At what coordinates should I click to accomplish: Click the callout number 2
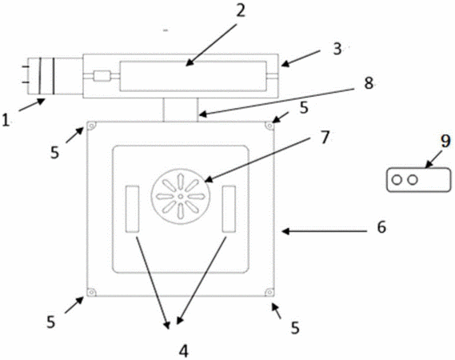point(240,11)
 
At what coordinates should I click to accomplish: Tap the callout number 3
point(337,49)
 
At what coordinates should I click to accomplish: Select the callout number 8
point(369,84)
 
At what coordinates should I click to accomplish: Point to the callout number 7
point(325,137)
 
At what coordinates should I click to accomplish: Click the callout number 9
point(445,142)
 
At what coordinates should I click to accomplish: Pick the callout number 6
point(381,226)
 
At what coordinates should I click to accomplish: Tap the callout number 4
point(183,351)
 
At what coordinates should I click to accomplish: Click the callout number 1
point(6,119)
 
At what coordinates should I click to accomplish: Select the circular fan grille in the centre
point(180,196)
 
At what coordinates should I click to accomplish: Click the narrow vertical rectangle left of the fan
point(132,209)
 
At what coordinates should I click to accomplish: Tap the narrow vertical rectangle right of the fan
point(229,209)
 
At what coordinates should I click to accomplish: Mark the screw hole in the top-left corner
point(92,126)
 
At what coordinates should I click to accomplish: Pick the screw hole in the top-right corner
point(269,126)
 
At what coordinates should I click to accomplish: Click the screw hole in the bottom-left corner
point(92,292)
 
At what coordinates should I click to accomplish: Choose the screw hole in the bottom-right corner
point(269,292)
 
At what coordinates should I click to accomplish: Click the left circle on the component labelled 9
point(397,180)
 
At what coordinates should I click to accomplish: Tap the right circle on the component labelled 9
point(412,180)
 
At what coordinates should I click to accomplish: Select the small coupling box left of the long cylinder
point(102,76)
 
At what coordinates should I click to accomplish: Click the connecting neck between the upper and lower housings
point(181,110)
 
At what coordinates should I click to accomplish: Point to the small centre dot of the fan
point(181,197)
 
